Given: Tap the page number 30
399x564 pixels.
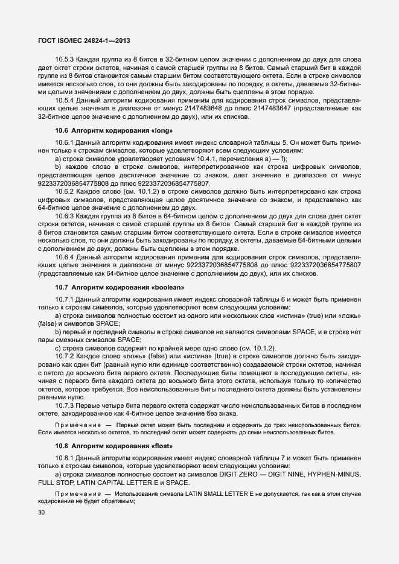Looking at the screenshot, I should click(x=42, y=513).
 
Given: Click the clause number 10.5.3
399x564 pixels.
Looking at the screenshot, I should click(x=65, y=59).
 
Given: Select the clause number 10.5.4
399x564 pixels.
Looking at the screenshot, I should click(x=65, y=100).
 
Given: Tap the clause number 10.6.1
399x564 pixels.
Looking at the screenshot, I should click(x=65, y=142).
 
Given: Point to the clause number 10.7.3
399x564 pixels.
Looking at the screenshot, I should click(x=65, y=414).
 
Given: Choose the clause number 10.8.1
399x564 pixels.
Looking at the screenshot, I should click(x=65, y=458).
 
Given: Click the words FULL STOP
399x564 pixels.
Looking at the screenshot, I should click(x=54, y=483).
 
